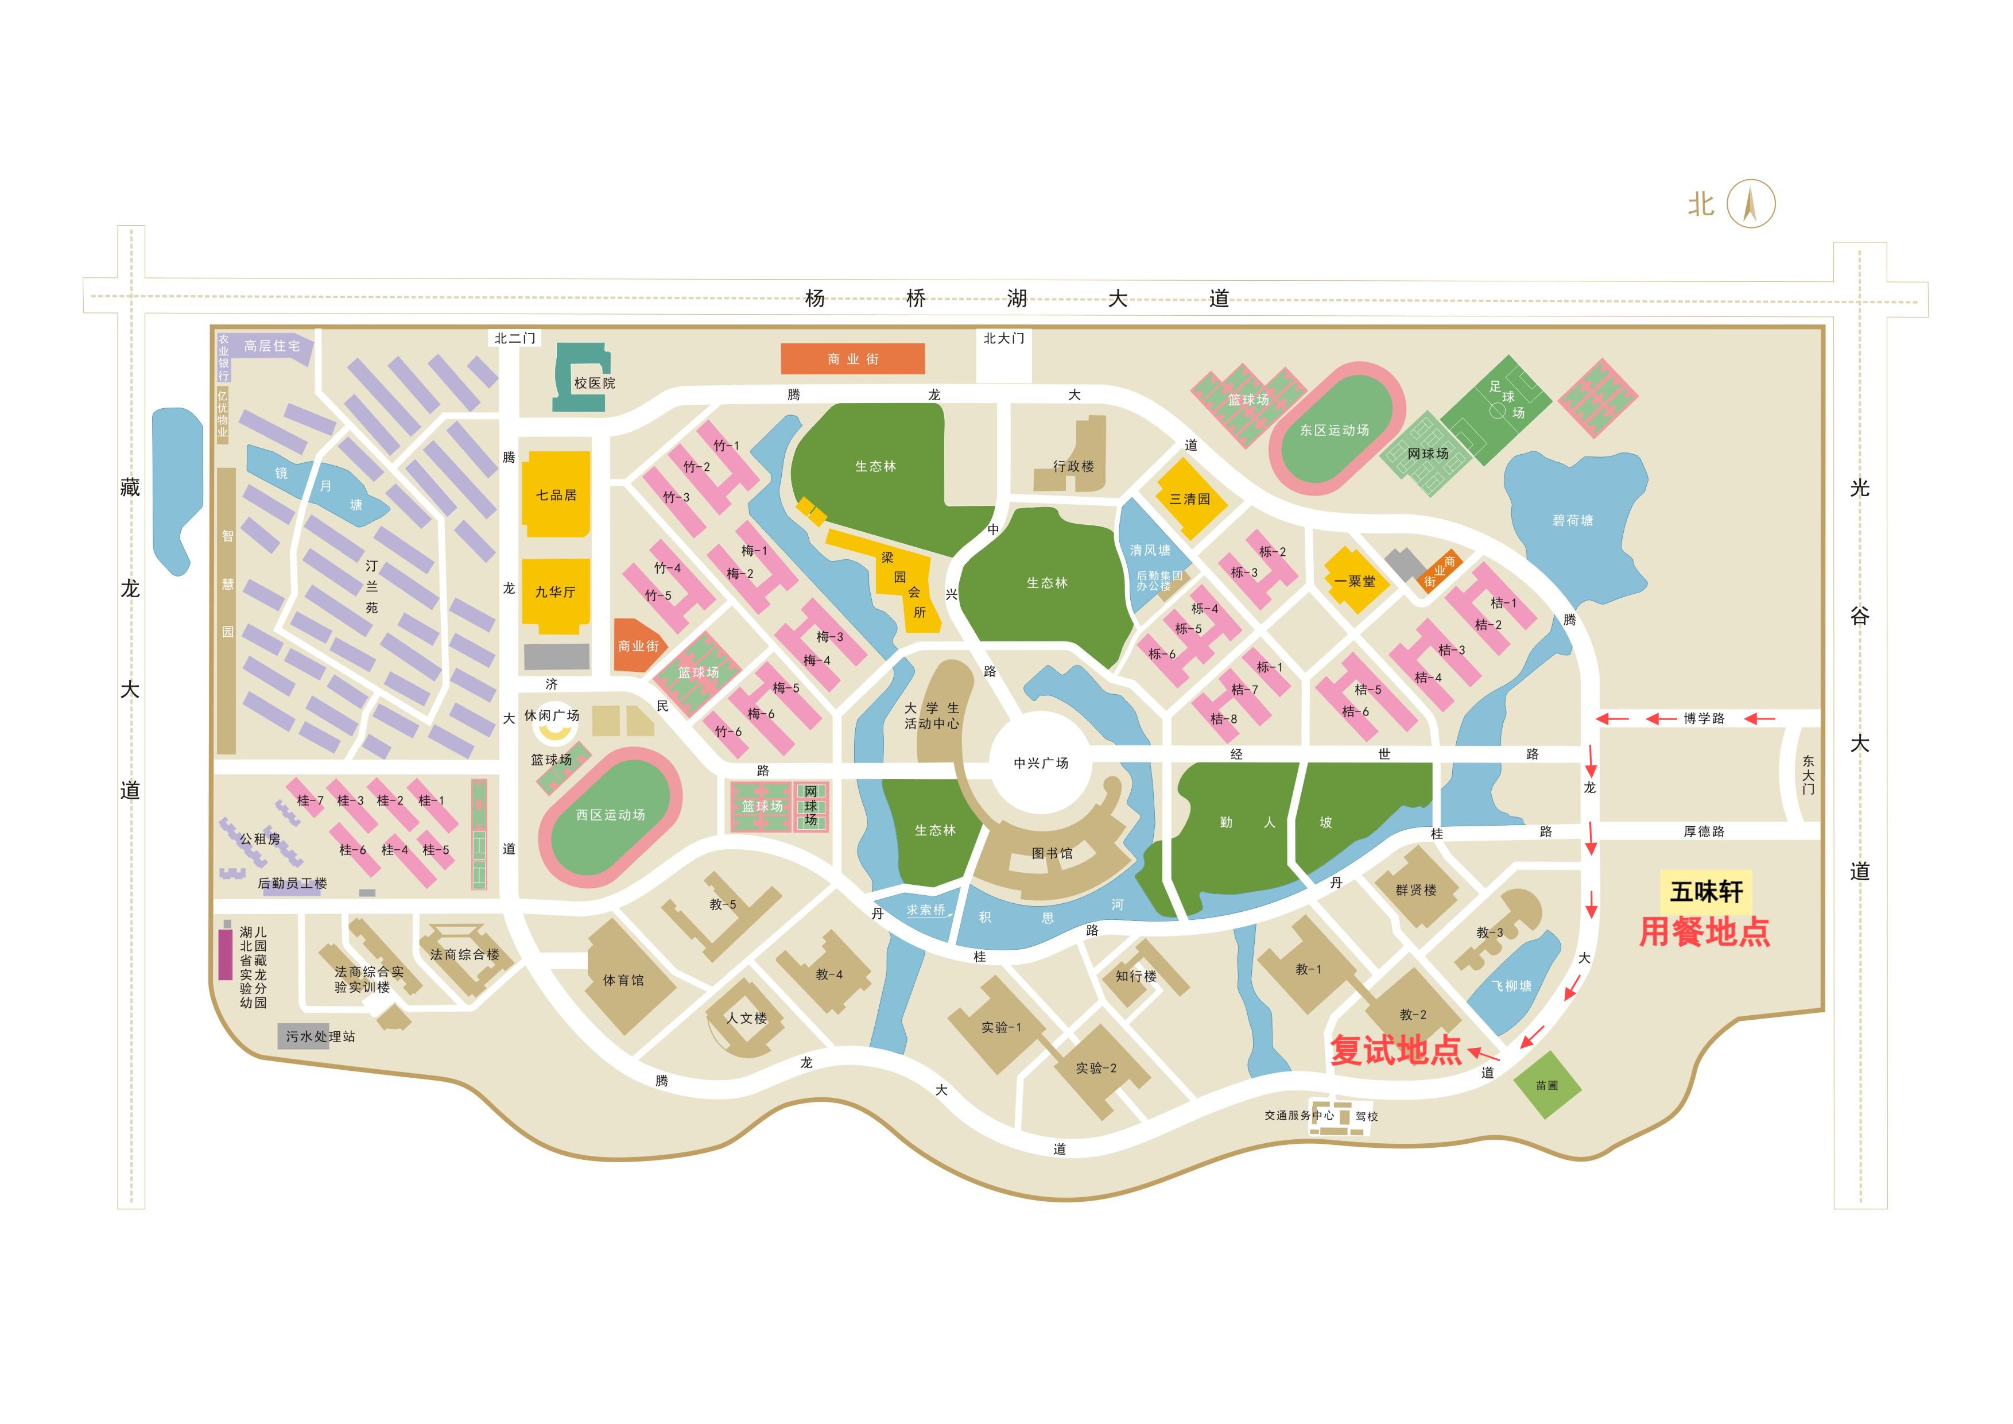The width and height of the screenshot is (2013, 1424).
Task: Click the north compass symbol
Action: [x=1750, y=204]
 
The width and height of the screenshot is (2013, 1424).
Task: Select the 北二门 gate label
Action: [x=515, y=338]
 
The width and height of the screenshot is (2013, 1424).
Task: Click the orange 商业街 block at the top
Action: [x=852, y=359]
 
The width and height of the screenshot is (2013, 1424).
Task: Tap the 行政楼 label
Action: [x=1073, y=466]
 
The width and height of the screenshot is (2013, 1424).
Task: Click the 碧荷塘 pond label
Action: [x=1572, y=520]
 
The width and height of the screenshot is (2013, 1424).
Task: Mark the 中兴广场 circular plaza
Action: [x=1041, y=763]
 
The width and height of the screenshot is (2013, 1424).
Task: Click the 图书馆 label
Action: [x=1051, y=853]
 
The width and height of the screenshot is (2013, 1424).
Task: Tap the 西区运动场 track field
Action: [x=610, y=815]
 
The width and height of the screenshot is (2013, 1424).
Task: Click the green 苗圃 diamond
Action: [x=1546, y=1086]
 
